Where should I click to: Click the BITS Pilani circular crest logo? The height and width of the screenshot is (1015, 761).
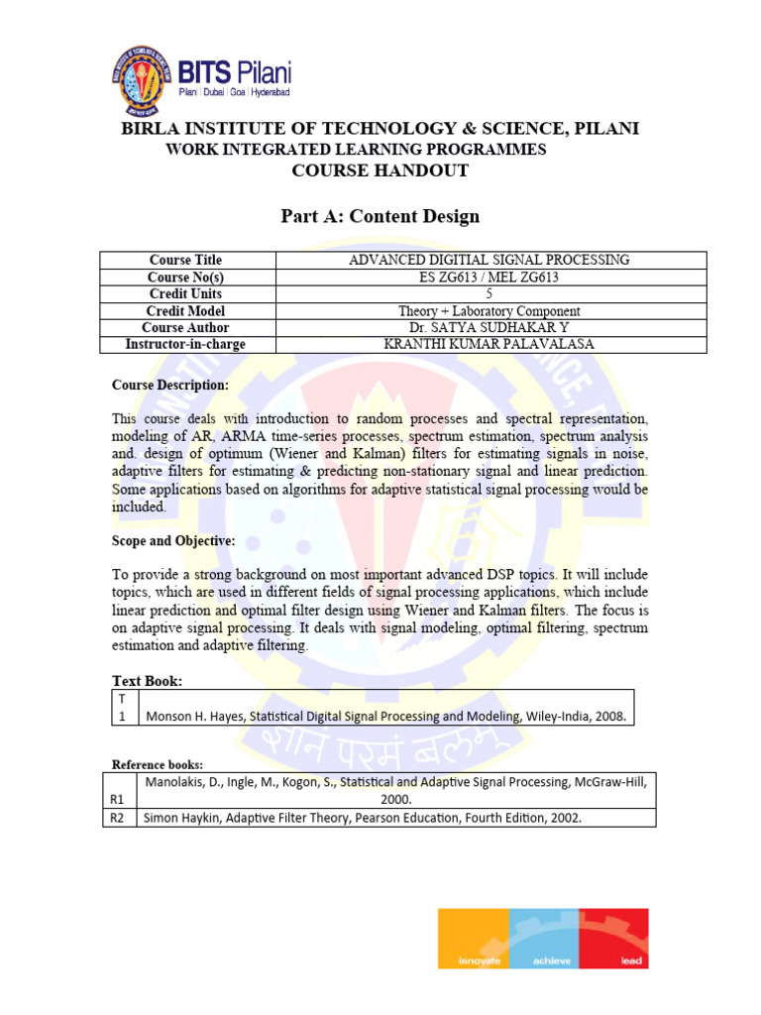pos(145,79)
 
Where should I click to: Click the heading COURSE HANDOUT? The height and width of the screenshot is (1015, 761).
pos(380,170)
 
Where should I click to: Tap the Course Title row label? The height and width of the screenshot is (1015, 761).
pos(184,260)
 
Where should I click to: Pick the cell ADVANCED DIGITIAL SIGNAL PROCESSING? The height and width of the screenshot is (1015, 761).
pos(489,260)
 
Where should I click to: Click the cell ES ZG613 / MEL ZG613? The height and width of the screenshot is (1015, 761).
pos(489,277)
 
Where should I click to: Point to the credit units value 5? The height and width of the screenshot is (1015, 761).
pos(489,293)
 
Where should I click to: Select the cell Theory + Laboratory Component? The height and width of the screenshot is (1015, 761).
pos(489,310)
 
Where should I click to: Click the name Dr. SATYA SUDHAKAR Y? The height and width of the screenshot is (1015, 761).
pos(489,327)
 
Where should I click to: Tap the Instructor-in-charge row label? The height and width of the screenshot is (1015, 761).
pos(184,344)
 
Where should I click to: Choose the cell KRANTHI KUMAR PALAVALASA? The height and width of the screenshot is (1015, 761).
pos(489,344)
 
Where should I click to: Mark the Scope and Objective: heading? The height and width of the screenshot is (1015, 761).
pos(172,540)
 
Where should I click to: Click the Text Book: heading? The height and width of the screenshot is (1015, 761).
pos(147,681)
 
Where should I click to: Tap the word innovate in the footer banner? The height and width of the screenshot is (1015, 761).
pos(480,960)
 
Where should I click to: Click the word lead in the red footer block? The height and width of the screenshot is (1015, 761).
pos(632,960)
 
